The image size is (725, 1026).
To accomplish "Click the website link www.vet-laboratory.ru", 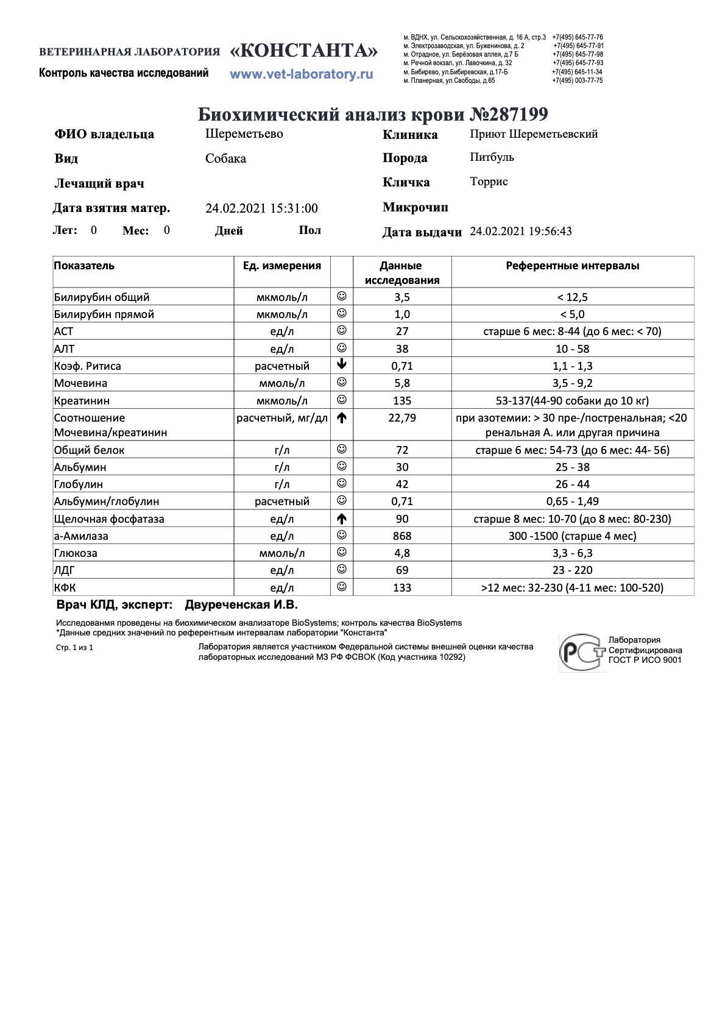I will (301, 74).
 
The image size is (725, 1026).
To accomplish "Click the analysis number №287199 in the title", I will (510, 115).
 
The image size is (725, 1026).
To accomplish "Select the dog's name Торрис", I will (489, 182).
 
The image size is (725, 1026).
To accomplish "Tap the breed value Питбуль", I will (492, 157).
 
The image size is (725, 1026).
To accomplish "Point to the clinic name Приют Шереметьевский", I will (534, 134).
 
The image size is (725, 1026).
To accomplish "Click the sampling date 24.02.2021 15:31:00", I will (261, 208).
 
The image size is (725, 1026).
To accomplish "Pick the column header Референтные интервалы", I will (572, 266).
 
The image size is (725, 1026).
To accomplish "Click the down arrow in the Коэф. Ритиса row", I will (342, 366).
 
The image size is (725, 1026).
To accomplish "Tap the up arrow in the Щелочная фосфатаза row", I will (342, 519).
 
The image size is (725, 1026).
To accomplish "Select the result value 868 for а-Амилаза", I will (402, 536).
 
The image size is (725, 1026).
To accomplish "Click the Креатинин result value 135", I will (402, 401).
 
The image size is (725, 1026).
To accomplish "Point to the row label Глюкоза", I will (76, 553).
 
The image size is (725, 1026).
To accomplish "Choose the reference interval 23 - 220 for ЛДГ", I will (572, 570).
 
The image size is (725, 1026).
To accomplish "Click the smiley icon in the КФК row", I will (342, 587).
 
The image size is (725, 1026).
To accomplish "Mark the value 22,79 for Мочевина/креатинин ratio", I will (402, 418).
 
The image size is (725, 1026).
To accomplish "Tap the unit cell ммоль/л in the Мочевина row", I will (281, 383).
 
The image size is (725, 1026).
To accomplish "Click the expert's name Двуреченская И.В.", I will (241, 605).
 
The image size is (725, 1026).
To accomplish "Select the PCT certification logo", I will (582, 653).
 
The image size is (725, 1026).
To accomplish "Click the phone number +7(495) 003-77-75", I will (577, 80).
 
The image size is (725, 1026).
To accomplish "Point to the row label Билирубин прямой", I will (104, 314).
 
